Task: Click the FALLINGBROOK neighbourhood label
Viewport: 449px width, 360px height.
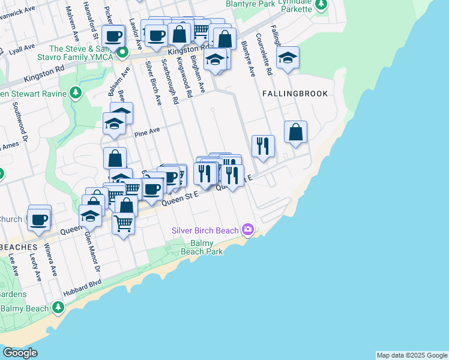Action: [x=295, y=94]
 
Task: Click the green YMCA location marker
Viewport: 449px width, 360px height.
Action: [x=122, y=53]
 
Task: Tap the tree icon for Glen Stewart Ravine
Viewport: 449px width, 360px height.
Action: [x=75, y=93]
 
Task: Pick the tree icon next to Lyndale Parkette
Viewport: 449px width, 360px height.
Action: [x=322, y=5]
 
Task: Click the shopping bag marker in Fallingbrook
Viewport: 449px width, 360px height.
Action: [x=295, y=133]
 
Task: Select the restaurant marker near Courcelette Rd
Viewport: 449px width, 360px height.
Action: [x=263, y=146]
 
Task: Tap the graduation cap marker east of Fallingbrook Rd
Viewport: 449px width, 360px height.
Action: [x=288, y=58]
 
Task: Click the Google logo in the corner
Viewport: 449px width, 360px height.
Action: [x=20, y=353]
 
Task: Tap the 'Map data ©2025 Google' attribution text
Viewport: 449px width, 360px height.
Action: [x=412, y=355]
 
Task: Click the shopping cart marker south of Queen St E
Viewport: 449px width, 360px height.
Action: [x=123, y=224]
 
